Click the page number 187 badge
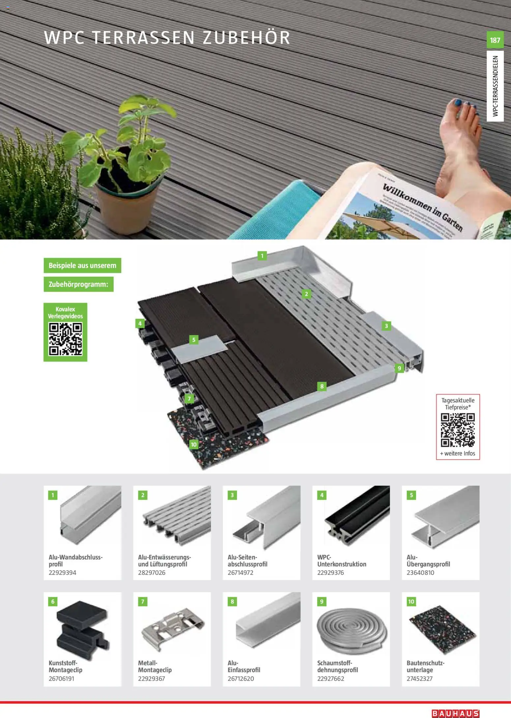point(495,40)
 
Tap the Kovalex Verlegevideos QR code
point(65,339)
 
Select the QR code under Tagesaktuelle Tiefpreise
point(458,430)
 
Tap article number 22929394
point(62,573)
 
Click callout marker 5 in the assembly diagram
point(194,340)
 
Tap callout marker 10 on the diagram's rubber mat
point(194,445)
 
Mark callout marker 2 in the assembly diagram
point(306,294)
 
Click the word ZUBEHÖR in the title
point(246,37)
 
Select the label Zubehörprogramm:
point(78,284)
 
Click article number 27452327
point(419,678)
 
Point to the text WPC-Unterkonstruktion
point(342,561)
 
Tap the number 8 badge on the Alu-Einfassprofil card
point(232,602)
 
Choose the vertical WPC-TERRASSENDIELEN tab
point(495,86)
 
